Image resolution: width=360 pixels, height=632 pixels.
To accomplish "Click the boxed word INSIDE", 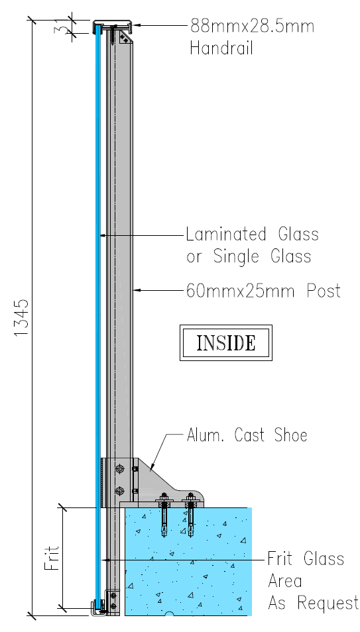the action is click(x=226, y=342).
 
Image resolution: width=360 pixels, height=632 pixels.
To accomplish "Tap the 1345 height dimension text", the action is click(x=21, y=317).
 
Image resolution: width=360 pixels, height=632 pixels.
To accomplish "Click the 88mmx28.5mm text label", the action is click(x=252, y=26).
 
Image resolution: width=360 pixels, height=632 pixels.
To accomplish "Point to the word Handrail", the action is click(x=221, y=48).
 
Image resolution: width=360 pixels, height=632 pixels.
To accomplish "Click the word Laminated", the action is click(x=226, y=234).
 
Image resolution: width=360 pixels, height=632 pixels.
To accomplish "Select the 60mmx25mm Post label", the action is click(x=263, y=290).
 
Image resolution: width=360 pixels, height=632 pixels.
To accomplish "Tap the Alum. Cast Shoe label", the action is click(x=247, y=435).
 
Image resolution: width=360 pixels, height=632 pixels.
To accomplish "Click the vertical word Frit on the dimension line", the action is click(x=52, y=558).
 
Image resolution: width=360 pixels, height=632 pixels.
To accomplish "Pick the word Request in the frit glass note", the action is click(x=328, y=604).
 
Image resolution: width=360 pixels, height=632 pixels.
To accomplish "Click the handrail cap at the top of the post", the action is click(x=114, y=27).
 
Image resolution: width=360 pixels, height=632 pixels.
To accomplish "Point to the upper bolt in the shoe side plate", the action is click(x=119, y=469).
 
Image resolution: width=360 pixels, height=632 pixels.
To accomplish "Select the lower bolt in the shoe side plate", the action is click(x=119, y=491).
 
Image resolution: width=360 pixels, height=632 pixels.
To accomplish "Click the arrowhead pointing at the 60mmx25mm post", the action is click(x=137, y=290).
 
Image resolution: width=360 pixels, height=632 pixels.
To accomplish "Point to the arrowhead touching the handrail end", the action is click(x=137, y=25).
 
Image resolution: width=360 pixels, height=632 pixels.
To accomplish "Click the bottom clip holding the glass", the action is click(x=98, y=607).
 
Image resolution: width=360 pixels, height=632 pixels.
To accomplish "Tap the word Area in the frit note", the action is click(x=285, y=581).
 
